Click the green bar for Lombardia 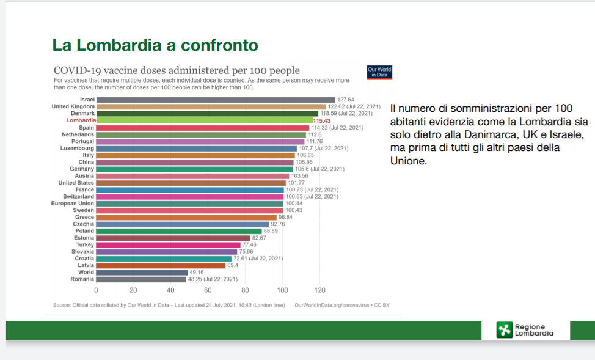[204, 121]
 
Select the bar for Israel [216, 100]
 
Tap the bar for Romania [141, 279]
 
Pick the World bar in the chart [142, 272]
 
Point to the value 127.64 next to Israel [346, 100]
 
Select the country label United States [76, 183]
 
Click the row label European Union [73, 204]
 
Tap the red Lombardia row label [80, 121]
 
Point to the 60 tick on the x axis [208, 290]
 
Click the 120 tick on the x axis [320, 290]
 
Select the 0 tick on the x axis [96, 290]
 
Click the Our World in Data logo [379, 73]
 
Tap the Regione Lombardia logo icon [505, 330]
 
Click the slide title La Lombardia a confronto [155, 45]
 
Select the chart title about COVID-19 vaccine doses [177, 71]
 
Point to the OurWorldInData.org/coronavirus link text [334, 304]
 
